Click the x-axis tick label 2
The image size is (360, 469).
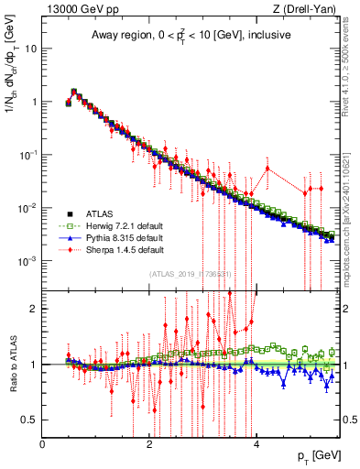click(149, 444)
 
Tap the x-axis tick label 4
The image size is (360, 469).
click(256, 444)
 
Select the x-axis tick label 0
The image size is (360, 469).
click(42, 444)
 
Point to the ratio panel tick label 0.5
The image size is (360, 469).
click(30, 420)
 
